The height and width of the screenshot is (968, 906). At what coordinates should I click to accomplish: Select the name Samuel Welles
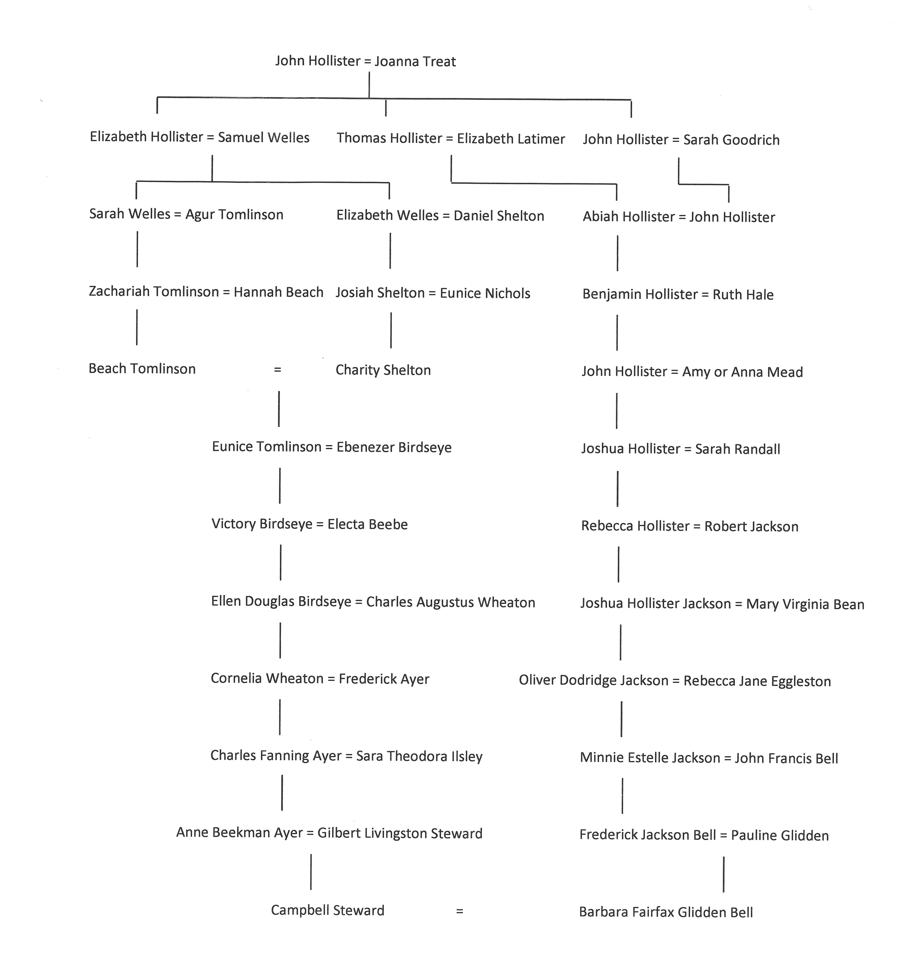coord(264,137)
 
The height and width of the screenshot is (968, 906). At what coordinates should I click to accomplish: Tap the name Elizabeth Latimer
coord(511,139)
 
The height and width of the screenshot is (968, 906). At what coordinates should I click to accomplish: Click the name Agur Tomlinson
coord(234,215)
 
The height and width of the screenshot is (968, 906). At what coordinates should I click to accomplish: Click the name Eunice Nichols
coord(485,293)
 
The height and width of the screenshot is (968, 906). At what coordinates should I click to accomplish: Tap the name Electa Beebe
coord(367,524)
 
